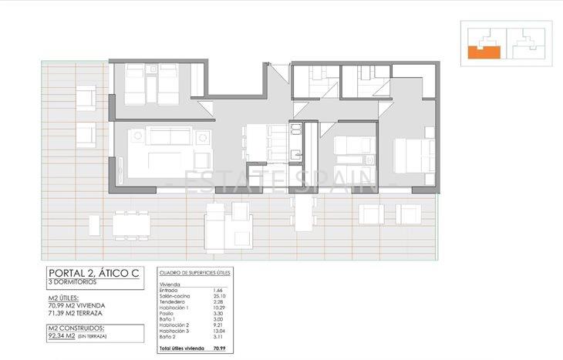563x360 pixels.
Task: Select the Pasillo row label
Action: point(167,315)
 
